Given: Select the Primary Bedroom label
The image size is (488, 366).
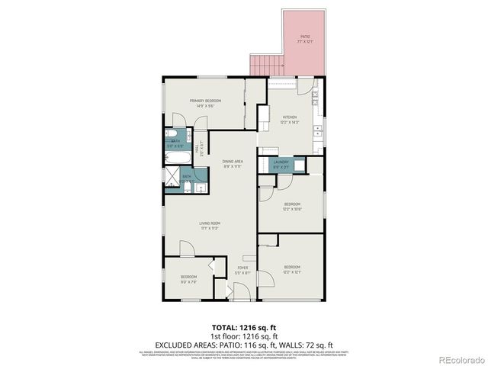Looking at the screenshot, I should [x=206, y=103].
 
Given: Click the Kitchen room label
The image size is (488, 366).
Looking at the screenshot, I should [x=290, y=119].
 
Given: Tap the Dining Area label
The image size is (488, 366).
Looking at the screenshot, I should [x=233, y=164].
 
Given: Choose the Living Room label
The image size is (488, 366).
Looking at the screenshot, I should [x=210, y=226].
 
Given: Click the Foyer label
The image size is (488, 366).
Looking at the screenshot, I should [x=243, y=270].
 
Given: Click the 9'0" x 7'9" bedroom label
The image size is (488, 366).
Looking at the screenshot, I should [x=188, y=278].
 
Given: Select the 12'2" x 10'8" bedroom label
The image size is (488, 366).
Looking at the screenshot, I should [x=292, y=206].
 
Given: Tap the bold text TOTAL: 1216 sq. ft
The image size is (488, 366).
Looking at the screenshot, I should [x=243, y=326].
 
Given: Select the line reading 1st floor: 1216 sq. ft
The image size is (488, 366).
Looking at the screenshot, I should [x=243, y=335].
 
